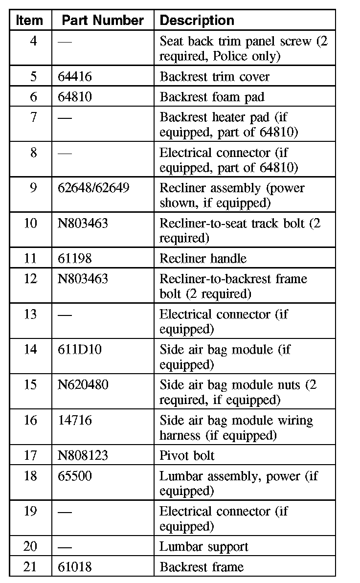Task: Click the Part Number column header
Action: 103,20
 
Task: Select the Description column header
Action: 197,20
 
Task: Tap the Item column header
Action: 30,20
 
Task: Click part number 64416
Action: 74,77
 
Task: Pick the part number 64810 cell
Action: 74,97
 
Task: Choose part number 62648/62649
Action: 93,188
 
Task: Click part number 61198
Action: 74,258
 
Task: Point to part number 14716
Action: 74,420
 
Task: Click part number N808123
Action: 83,455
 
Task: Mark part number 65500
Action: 74,476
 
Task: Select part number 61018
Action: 74,567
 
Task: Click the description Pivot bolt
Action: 187,455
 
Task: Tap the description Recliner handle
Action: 202,258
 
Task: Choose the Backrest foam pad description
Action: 212,97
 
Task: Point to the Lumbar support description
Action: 204,546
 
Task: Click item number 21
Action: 30,567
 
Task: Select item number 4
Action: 33,41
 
